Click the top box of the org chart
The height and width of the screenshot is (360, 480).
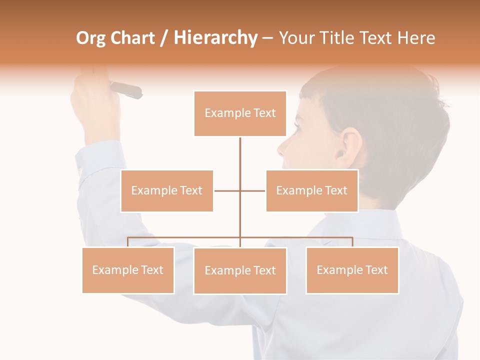click(240, 113)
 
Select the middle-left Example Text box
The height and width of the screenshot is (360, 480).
click(167, 190)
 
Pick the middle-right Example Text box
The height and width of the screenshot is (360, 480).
click(312, 190)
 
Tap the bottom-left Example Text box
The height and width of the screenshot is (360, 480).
click(128, 270)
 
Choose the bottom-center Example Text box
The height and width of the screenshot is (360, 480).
click(240, 270)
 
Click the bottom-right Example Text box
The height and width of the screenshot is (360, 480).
click(352, 270)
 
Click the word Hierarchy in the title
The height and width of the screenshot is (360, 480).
click(215, 38)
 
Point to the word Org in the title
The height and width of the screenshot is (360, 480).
click(90, 38)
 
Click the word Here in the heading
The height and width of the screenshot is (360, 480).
click(416, 38)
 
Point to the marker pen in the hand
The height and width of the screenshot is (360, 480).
click(126, 90)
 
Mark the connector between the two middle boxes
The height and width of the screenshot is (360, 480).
click(239, 190)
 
